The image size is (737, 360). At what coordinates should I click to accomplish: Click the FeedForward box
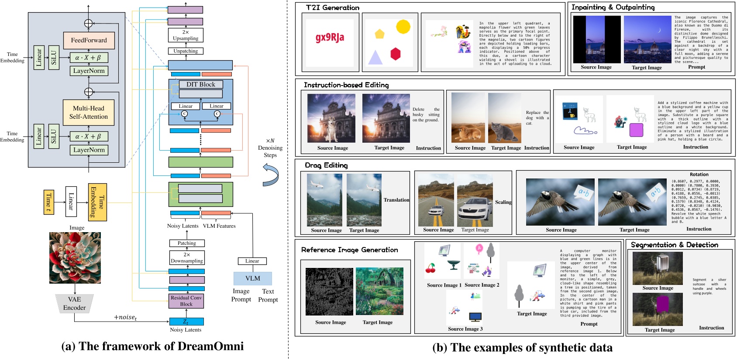click(89, 40)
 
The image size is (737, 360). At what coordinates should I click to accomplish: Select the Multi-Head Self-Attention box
click(89, 113)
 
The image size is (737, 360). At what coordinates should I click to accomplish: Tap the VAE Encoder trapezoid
click(74, 303)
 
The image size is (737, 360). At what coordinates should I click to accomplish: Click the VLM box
click(252, 278)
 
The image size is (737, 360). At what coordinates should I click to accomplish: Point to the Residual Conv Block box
click(186, 301)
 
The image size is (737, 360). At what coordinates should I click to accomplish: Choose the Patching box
click(187, 243)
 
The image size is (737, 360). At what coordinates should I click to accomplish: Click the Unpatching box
click(186, 51)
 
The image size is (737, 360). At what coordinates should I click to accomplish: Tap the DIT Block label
click(201, 85)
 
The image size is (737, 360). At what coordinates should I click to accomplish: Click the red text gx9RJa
click(330, 38)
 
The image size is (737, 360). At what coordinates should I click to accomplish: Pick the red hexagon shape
click(396, 54)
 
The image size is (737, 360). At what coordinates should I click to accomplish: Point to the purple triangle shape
click(375, 58)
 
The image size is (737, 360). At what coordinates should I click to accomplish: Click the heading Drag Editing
click(326, 165)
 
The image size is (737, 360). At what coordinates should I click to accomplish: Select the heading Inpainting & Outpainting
click(613, 7)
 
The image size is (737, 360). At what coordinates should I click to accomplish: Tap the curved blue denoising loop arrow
click(271, 175)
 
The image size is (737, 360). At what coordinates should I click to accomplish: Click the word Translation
click(396, 200)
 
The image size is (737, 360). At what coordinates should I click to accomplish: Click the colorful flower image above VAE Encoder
click(75, 258)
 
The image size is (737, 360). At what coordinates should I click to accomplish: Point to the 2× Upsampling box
click(186, 35)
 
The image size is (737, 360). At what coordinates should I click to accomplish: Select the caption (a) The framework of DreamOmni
click(152, 346)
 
